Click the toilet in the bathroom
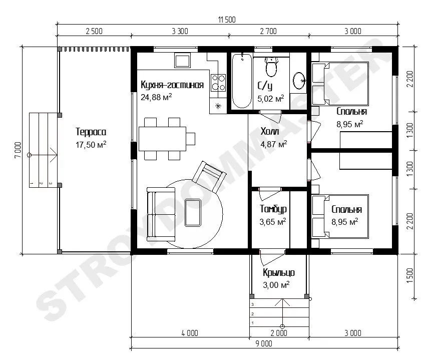point(271,67)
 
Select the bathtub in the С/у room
point(242,81)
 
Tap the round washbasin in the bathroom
point(299,81)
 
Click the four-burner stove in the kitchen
point(218,83)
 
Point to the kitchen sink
point(182,61)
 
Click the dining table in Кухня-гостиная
point(163,139)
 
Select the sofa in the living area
point(161,214)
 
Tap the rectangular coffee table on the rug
point(193,212)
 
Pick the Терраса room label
point(91,132)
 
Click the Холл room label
point(270,131)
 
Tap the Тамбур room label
point(273,209)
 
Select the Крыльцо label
point(279,272)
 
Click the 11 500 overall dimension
point(227,20)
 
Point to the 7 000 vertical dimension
point(18,150)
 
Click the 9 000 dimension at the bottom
point(264,343)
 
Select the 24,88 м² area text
point(156,97)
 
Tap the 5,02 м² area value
point(270,99)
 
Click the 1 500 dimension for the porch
point(410,275)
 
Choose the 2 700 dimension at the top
point(268,31)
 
